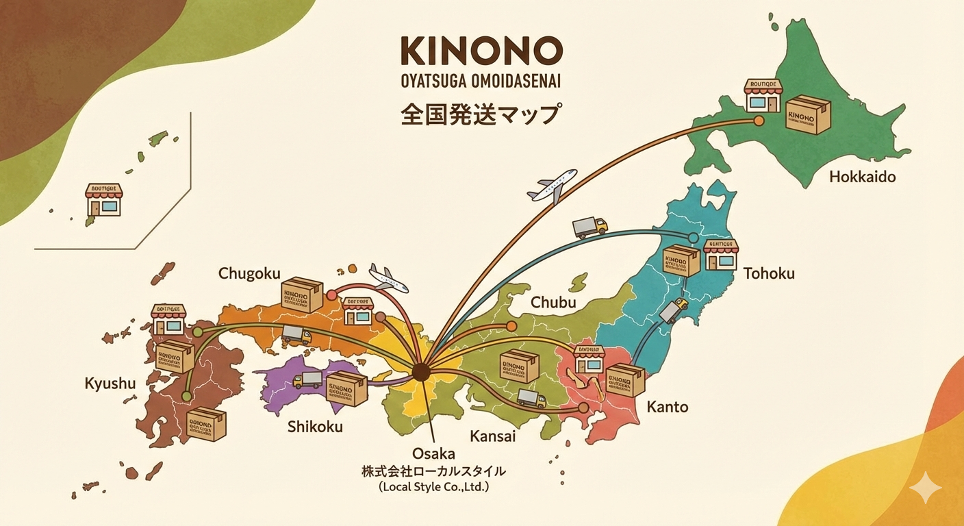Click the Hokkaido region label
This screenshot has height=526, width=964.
pos(862,177)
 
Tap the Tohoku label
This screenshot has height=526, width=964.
pos(769,274)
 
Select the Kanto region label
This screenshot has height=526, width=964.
pos(667,408)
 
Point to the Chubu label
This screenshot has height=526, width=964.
pos(553,303)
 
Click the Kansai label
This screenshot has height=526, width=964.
pos(493,436)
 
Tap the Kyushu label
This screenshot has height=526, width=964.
pos(110,384)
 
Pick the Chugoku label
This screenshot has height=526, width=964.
pos(249,273)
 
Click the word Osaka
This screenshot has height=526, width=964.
pos(433,453)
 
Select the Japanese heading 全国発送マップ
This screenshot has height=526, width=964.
pos(479,113)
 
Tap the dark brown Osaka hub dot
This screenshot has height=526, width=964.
pos(420,372)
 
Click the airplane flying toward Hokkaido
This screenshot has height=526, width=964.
pos(552,185)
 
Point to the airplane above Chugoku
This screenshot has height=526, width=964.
pos(388,277)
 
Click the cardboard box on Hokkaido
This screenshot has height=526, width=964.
pos(808,114)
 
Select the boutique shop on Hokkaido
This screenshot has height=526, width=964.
pos(762,97)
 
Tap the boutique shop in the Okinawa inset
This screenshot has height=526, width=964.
pos(103,199)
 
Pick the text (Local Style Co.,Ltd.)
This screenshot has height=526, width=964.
pos(433,487)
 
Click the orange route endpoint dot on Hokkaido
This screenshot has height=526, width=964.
pos(758,121)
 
